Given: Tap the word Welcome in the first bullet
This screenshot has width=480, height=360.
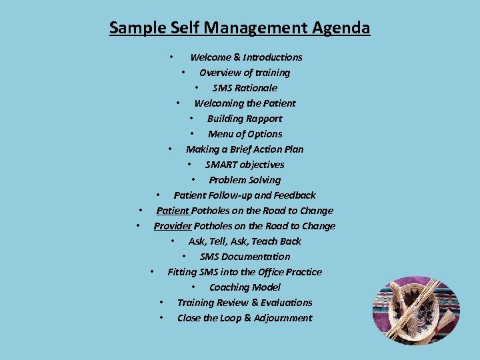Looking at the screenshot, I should tap(210, 57).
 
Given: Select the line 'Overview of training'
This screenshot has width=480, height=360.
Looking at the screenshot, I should tap(245, 73).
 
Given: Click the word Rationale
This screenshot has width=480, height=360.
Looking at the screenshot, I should tap(256, 88).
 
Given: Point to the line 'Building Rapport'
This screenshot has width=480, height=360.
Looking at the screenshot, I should tap(245, 119).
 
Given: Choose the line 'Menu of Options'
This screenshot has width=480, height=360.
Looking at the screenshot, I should tap(245, 134).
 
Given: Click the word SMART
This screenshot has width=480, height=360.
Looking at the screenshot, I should tap(221, 165).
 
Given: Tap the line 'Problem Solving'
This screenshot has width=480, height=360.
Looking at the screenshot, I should tap(245, 180).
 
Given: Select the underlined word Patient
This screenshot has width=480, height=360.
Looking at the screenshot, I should tap(173, 211).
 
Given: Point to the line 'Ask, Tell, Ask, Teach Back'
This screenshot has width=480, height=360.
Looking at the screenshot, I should tap(245, 241).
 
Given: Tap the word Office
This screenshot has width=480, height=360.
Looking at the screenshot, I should tap(269, 272).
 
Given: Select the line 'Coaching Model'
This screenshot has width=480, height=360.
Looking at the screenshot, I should tap(245, 287).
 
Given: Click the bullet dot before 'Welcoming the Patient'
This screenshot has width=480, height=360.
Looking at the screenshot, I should tap(177, 103).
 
